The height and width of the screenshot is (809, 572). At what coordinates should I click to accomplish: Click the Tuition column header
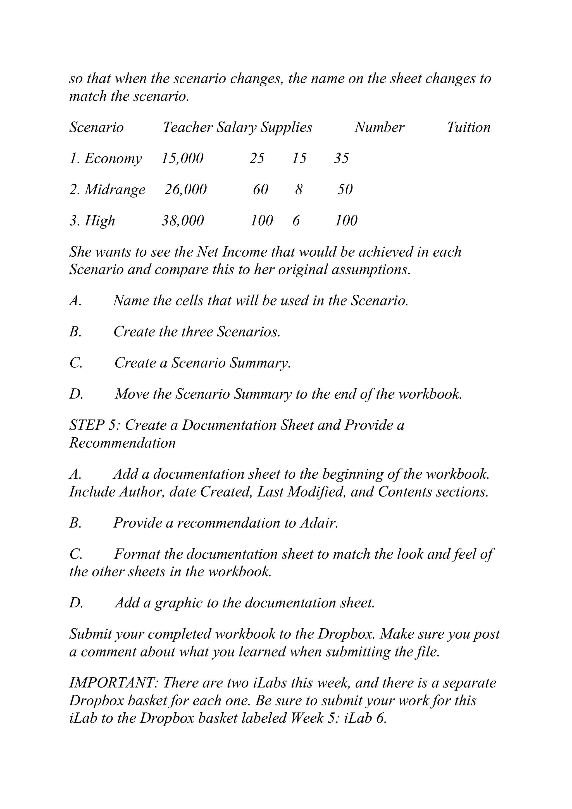coord(468,128)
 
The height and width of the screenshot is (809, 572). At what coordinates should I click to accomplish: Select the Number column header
coord(379,128)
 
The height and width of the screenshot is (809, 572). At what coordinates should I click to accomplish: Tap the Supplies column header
coord(286,128)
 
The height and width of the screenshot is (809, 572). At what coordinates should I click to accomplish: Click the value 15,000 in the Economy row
coord(182,159)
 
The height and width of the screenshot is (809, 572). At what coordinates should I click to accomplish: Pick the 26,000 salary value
coord(186,190)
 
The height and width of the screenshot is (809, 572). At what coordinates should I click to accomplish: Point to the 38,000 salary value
coord(183,221)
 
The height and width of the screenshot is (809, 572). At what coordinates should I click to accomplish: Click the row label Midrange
coord(115,190)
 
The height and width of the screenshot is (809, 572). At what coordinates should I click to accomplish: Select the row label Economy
coord(113,159)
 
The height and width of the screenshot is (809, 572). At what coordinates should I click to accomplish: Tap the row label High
coord(100,221)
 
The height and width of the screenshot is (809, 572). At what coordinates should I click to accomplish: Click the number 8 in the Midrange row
coord(299,190)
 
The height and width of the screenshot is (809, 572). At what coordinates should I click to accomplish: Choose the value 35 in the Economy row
coord(341,159)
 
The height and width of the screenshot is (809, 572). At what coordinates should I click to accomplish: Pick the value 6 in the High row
coord(296,221)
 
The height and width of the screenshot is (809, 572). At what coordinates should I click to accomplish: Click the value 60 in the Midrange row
coord(261,190)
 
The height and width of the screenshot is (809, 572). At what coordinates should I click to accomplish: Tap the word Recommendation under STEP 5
coord(122,443)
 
